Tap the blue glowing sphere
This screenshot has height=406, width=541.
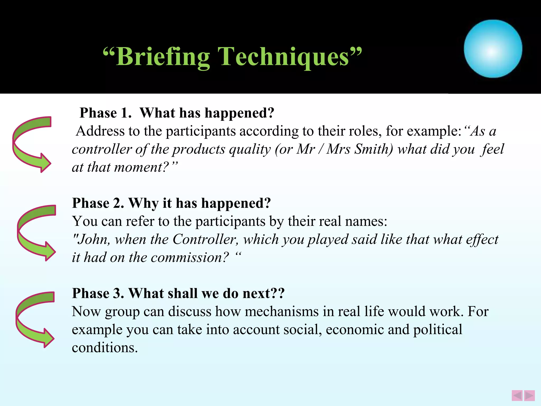(493, 49)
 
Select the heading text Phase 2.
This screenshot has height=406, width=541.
(98, 203)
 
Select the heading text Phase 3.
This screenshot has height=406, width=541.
(98, 293)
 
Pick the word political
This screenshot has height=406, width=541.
(437, 330)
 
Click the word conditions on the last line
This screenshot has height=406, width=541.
(105, 348)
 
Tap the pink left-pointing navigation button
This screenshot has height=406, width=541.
(517, 396)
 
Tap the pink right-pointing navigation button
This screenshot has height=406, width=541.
(529, 396)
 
